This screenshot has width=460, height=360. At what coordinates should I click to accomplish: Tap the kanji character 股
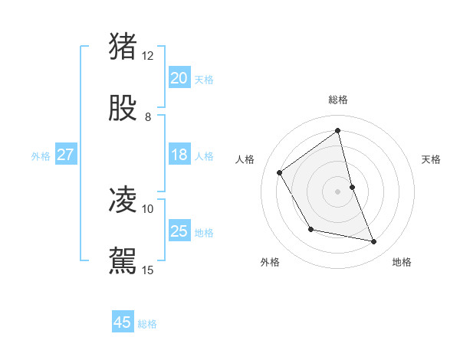(123, 108)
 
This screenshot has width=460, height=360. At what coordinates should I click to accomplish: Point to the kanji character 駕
(123, 260)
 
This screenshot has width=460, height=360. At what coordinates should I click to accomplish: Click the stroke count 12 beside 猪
(148, 56)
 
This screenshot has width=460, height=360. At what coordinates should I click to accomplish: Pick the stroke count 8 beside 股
(148, 117)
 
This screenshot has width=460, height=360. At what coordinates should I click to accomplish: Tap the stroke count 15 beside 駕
(148, 270)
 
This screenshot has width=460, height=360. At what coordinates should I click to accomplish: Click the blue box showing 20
(179, 78)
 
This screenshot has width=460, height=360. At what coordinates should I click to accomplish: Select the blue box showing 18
(179, 155)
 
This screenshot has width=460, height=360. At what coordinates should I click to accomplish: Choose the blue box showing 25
(179, 231)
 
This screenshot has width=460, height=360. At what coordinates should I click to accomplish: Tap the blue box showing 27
(66, 155)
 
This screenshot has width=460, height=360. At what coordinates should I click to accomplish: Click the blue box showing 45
(123, 322)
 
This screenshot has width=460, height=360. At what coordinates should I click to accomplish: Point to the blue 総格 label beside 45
(147, 324)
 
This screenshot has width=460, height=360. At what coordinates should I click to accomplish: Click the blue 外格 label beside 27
(41, 156)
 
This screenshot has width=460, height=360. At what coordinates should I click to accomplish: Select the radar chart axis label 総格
(338, 100)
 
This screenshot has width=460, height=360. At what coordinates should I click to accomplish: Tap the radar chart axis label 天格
(432, 159)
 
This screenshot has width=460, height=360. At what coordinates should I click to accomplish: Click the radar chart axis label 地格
(402, 262)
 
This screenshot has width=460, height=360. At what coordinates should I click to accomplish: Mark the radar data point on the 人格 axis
(280, 172)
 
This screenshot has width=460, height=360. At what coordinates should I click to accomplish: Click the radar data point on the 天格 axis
(352, 187)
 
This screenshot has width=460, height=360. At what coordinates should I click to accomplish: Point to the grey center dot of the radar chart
(338, 191)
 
